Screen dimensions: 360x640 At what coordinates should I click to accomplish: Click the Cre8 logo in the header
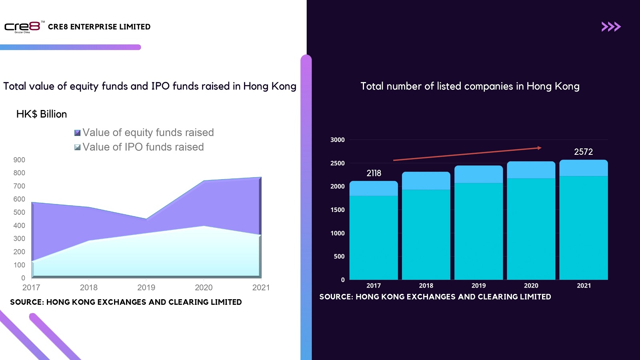tap(22, 27)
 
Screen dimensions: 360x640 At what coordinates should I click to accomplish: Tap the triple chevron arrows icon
tap(611, 27)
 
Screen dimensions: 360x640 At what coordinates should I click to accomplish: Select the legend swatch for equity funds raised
tap(78, 133)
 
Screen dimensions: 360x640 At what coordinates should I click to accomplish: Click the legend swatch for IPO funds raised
tap(78, 147)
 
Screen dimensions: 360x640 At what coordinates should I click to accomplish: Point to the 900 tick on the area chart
tap(19, 160)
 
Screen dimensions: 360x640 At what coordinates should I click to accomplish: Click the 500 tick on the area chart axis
tap(19, 212)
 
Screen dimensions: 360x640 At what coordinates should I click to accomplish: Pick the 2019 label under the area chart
tap(146, 288)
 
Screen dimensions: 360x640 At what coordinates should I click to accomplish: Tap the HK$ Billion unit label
tap(42, 114)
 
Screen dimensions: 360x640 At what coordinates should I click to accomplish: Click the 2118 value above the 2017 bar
tap(374, 173)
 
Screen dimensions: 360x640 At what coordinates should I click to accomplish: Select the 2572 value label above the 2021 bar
tap(583, 152)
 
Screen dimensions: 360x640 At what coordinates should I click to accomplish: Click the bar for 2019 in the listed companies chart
tap(478, 224)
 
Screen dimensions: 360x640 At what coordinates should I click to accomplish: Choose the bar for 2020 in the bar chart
tap(531, 222)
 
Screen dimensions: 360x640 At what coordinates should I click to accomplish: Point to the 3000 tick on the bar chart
tap(337, 140)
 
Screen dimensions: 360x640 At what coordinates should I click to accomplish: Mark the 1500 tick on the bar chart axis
tap(337, 210)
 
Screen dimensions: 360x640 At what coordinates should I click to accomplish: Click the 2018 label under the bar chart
tap(426, 286)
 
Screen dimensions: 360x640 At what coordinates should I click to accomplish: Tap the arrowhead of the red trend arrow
tap(539, 148)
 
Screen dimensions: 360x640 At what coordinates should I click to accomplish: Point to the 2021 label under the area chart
tap(261, 288)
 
